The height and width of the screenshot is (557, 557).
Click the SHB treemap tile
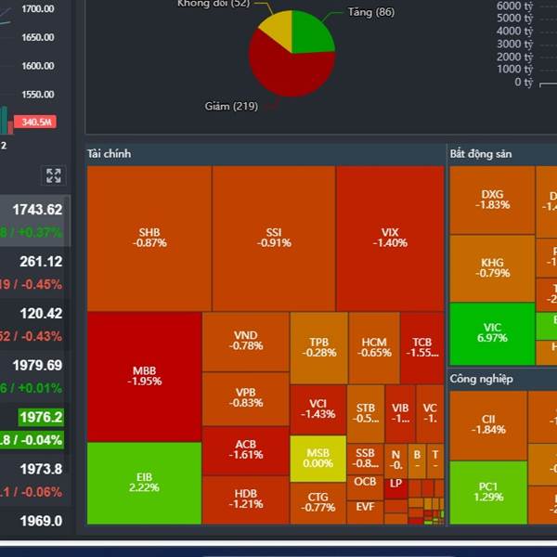(149, 238)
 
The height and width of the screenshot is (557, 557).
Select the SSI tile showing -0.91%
(274, 238)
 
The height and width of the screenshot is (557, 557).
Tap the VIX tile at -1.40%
(390, 238)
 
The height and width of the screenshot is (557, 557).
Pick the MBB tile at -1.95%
(144, 376)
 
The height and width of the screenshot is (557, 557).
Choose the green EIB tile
(144, 483)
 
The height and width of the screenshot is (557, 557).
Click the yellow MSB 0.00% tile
(317, 458)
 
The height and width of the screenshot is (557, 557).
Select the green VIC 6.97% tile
(492, 332)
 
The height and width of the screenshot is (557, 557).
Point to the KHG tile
(492, 267)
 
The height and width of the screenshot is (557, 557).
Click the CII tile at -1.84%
(488, 424)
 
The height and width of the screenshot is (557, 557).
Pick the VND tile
(246, 341)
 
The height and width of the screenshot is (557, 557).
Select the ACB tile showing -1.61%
(246, 450)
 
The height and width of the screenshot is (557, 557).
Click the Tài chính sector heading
(110, 153)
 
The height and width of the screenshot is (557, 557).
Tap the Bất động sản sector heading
(481, 153)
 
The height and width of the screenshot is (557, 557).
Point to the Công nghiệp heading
(481, 379)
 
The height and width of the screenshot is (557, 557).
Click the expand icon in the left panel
(53, 175)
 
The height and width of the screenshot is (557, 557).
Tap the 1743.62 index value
(37, 210)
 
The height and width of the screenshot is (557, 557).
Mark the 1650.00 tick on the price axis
(37, 37)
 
